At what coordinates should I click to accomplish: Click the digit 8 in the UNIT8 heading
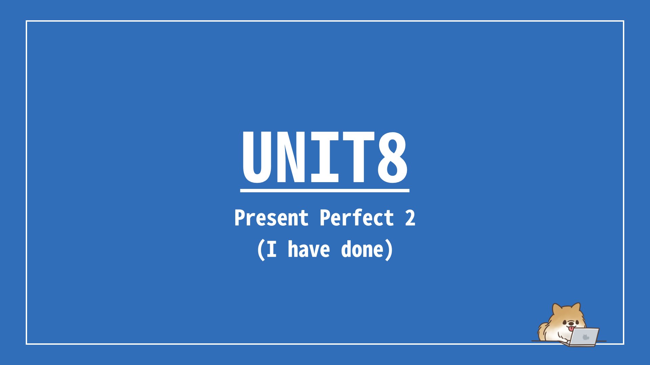pos(392,157)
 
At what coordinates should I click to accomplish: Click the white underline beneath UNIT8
pos(325,191)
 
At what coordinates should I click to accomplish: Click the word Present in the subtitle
pos(272,218)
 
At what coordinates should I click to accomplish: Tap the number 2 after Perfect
pos(410,218)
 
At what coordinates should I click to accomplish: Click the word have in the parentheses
pos(309,249)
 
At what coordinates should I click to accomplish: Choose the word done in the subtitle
pos(362,249)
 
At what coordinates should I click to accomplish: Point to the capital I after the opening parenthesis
pos(272,249)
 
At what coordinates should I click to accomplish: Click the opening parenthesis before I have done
pos(261,250)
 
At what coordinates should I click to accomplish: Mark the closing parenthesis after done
pos(389,250)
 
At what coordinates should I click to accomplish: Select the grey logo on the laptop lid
pos(586,337)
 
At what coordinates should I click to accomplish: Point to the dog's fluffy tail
pos(543,332)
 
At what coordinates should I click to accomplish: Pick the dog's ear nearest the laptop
pos(576,308)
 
